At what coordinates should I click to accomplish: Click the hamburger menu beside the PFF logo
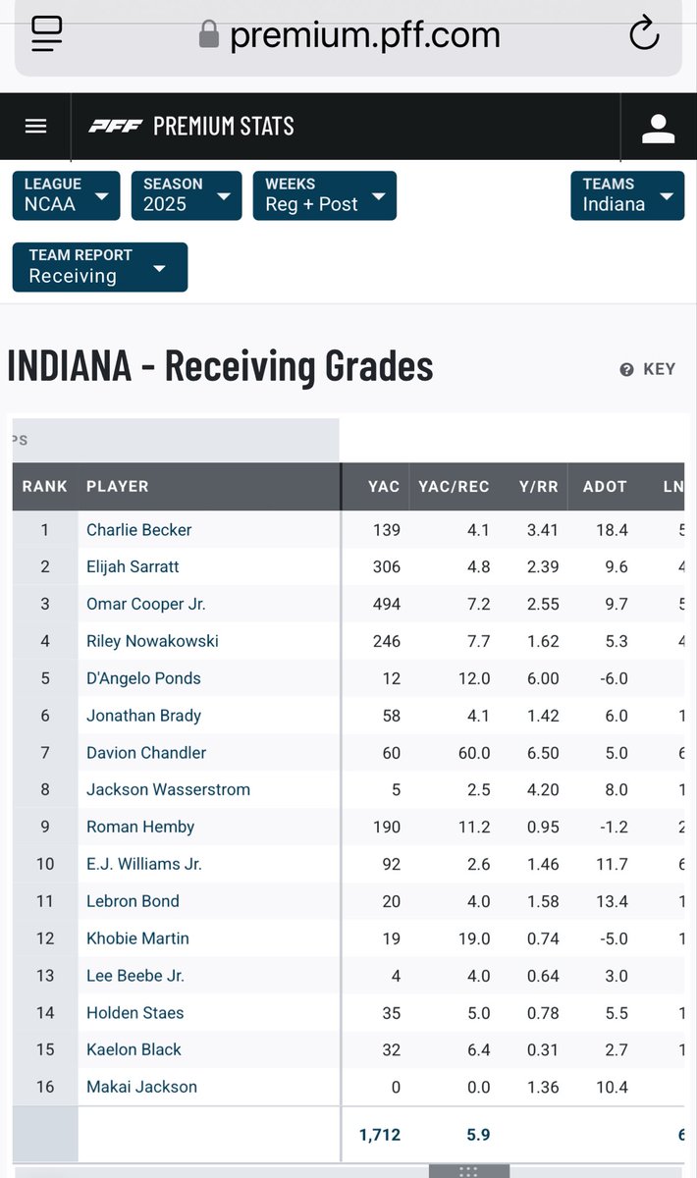point(36,126)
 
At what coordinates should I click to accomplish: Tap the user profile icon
point(658,127)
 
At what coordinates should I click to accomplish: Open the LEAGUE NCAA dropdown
point(66,195)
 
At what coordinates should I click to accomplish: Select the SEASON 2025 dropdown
point(186,195)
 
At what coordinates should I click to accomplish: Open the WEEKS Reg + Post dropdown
point(324,195)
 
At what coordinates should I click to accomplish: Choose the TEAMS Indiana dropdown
point(627,195)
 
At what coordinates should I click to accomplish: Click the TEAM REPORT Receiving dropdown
point(99,267)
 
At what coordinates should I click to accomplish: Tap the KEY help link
point(648,369)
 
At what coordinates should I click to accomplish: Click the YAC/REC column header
point(454,486)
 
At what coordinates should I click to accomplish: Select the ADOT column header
point(605,486)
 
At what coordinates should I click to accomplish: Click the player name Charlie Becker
point(138,530)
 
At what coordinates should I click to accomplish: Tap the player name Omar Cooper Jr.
point(145,604)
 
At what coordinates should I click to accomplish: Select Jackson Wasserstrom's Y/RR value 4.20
point(542,789)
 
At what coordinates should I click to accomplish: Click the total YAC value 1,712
point(379,1135)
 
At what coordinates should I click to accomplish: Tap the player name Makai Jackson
point(141,1087)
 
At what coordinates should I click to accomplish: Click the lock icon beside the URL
point(208,35)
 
